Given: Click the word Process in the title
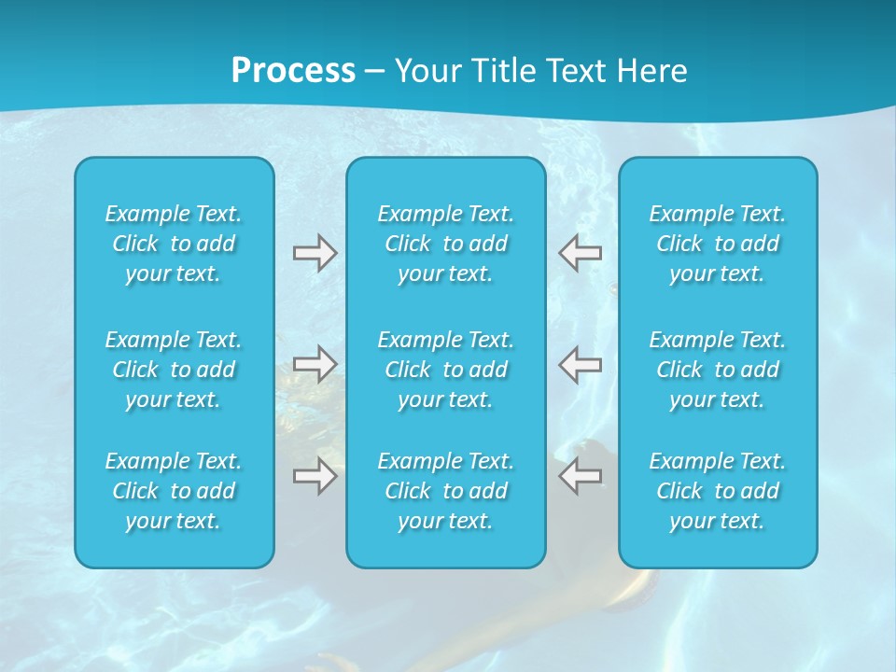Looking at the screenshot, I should [x=293, y=71].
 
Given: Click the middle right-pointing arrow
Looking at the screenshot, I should [x=315, y=364].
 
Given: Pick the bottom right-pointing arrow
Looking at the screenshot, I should [x=315, y=476].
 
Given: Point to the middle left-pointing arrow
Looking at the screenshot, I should [x=581, y=364].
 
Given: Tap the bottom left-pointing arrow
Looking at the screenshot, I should [x=581, y=476].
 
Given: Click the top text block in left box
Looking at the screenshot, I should [x=174, y=244].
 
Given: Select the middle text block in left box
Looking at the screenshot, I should [x=174, y=370].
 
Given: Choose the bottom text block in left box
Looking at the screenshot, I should [x=174, y=491].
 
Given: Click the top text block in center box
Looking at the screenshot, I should [x=445, y=244].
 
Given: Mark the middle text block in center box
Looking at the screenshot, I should [x=445, y=370].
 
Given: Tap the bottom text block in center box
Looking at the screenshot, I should [x=445, y=491].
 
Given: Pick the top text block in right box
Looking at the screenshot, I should [x=717, y=244].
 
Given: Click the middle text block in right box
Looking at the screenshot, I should [x=717, y=370].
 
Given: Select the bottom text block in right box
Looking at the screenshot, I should [x=717, y=491].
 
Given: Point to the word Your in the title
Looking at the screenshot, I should [x=427, y=71].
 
